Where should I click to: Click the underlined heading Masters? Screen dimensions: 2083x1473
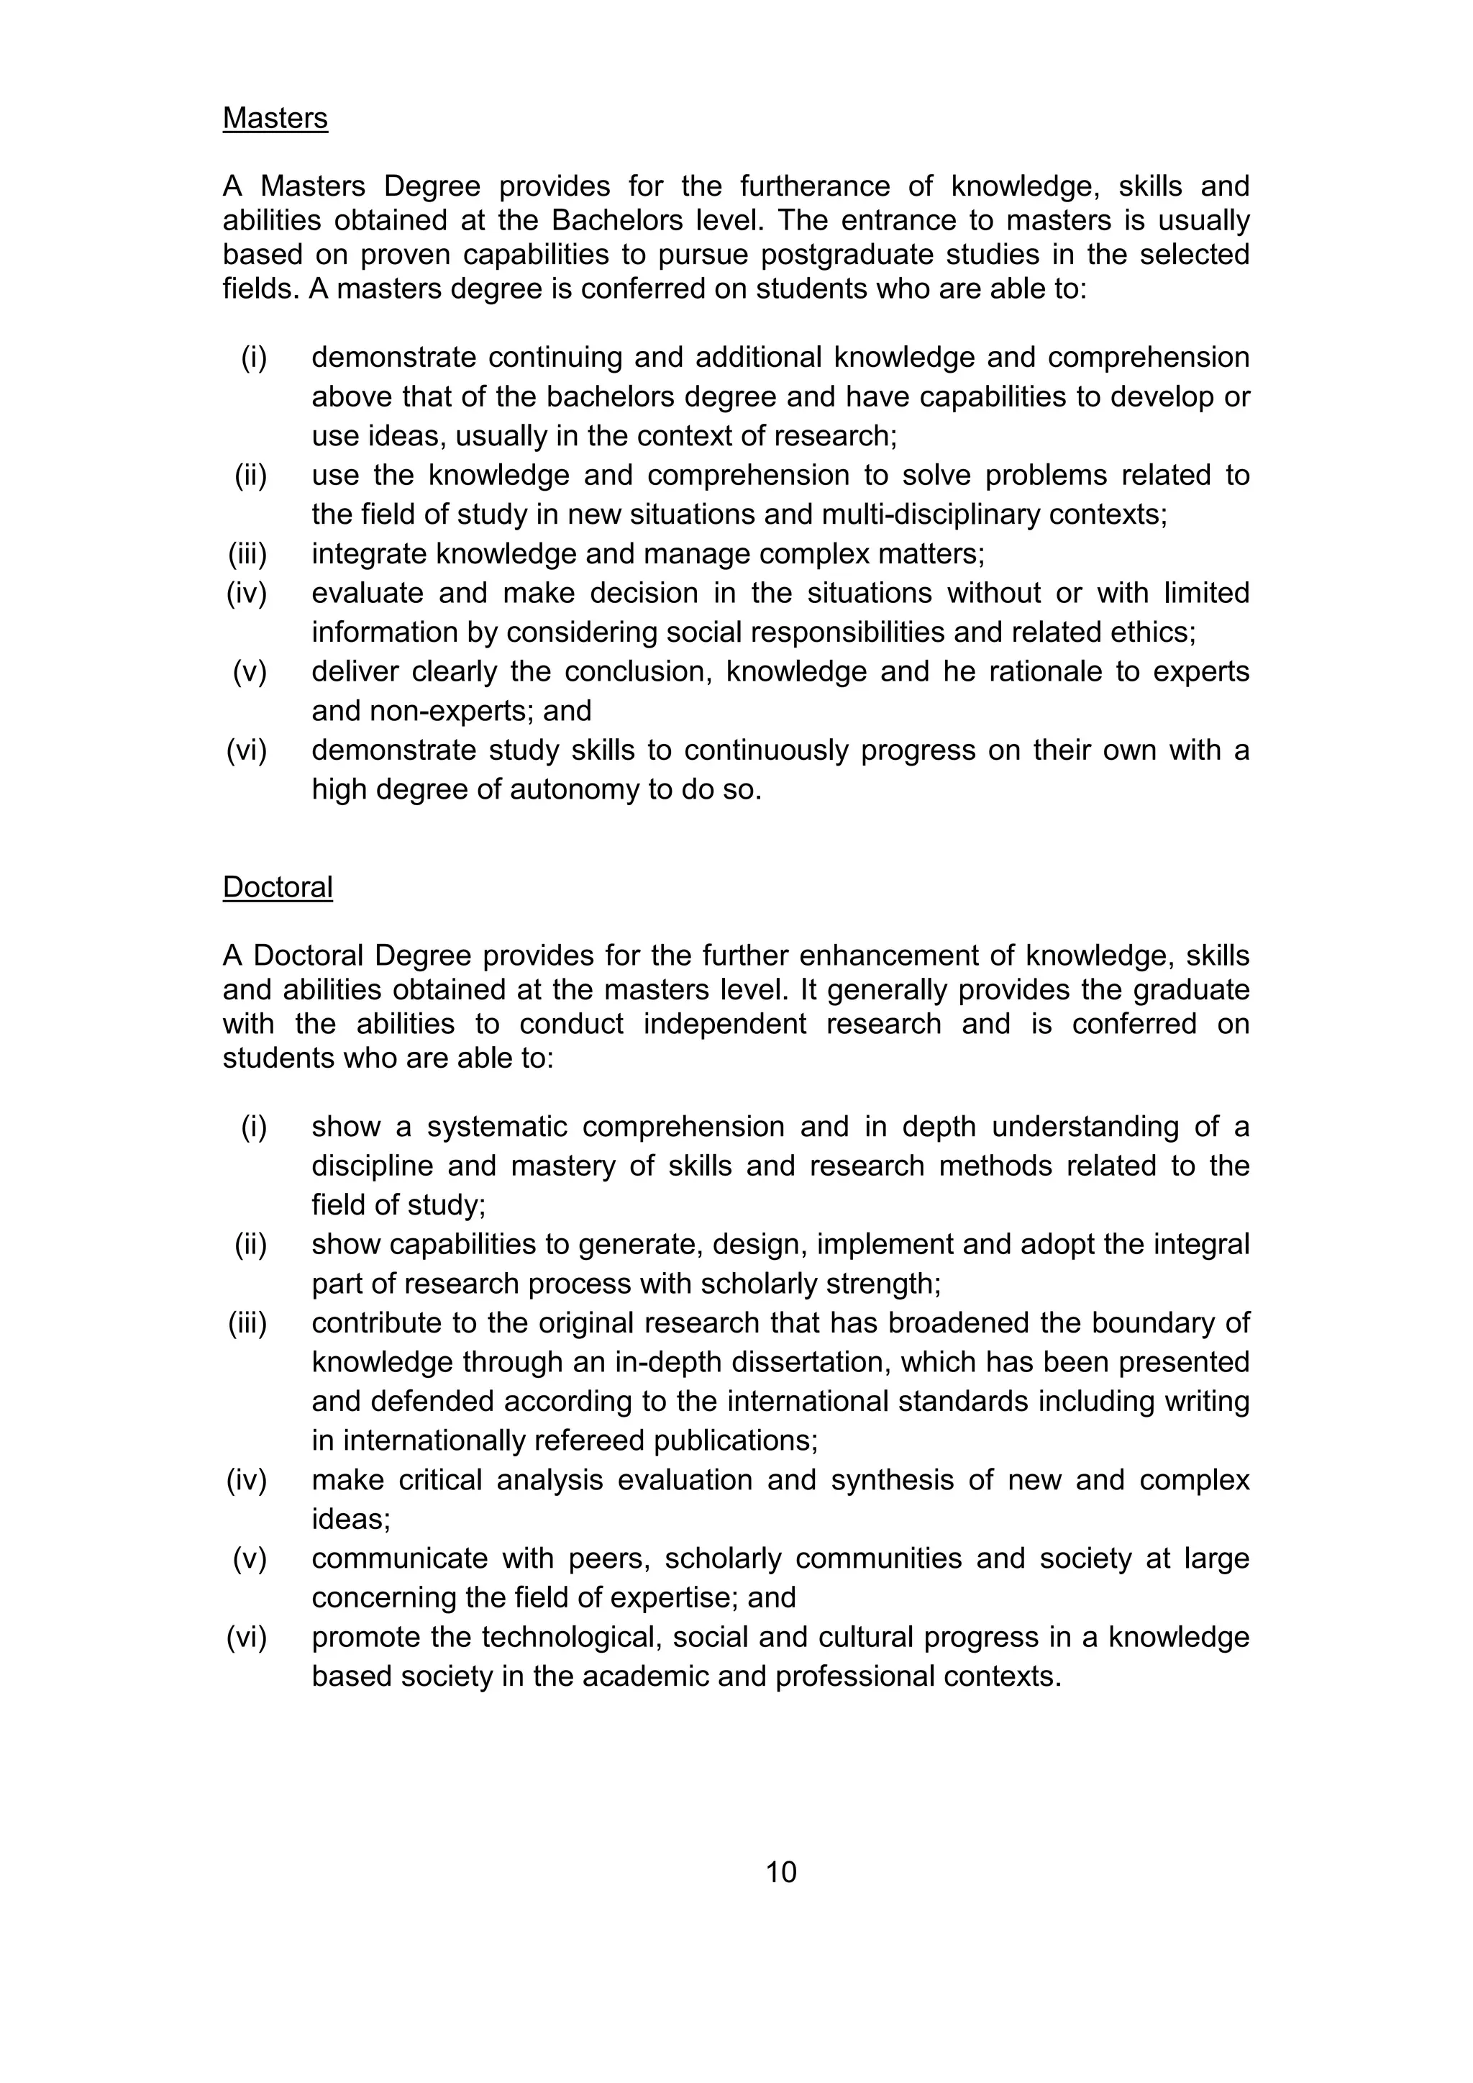pos(275,118)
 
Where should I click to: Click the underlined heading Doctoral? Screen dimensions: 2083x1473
pos(278,886)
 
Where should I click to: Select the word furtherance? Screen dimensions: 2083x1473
pos(816,186)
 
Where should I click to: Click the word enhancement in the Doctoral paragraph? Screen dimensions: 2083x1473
pos(861,956)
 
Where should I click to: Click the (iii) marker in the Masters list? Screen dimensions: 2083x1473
pos(247,553)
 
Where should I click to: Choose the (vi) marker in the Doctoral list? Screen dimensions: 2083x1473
pos(247,1637)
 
